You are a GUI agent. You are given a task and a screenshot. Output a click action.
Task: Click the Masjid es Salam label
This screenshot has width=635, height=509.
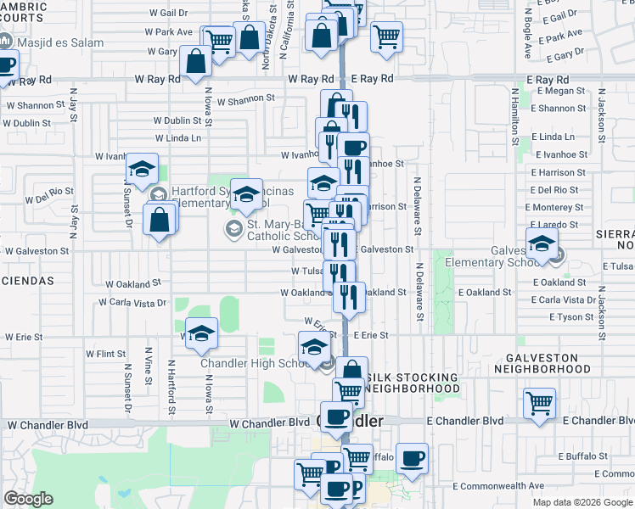click(x=64, y=42)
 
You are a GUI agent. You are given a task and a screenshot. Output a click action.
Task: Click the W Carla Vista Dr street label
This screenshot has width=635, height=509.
click(x=132, y=302)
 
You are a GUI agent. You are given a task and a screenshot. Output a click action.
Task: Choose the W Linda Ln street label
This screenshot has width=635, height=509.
click(x=178, y=137)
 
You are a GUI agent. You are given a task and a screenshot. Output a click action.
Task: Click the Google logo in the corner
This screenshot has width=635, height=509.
click(x=28, y=499)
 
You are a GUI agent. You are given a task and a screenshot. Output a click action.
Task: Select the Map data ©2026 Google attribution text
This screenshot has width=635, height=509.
click(x=582, y=502)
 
